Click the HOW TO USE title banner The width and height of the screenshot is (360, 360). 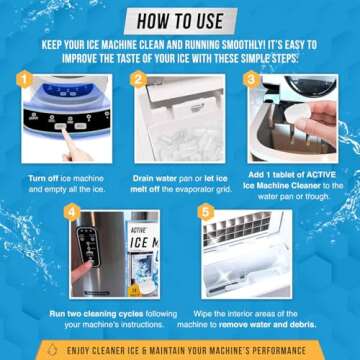(180, 20)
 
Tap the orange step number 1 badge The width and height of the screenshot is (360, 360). (25, 77)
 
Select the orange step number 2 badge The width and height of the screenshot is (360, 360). (139, 77)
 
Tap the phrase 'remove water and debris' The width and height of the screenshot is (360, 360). (261, 326)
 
